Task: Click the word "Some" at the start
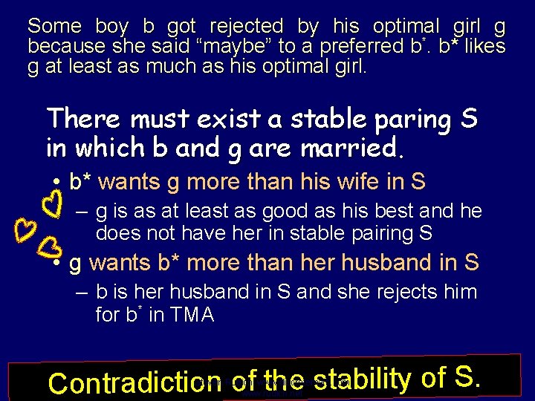(54, 27)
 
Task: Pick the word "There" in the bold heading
(84, 118)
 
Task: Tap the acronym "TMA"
(190, 315)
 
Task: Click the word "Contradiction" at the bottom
(122, 383)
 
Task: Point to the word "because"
(60, 46)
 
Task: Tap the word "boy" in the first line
(112, 27)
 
